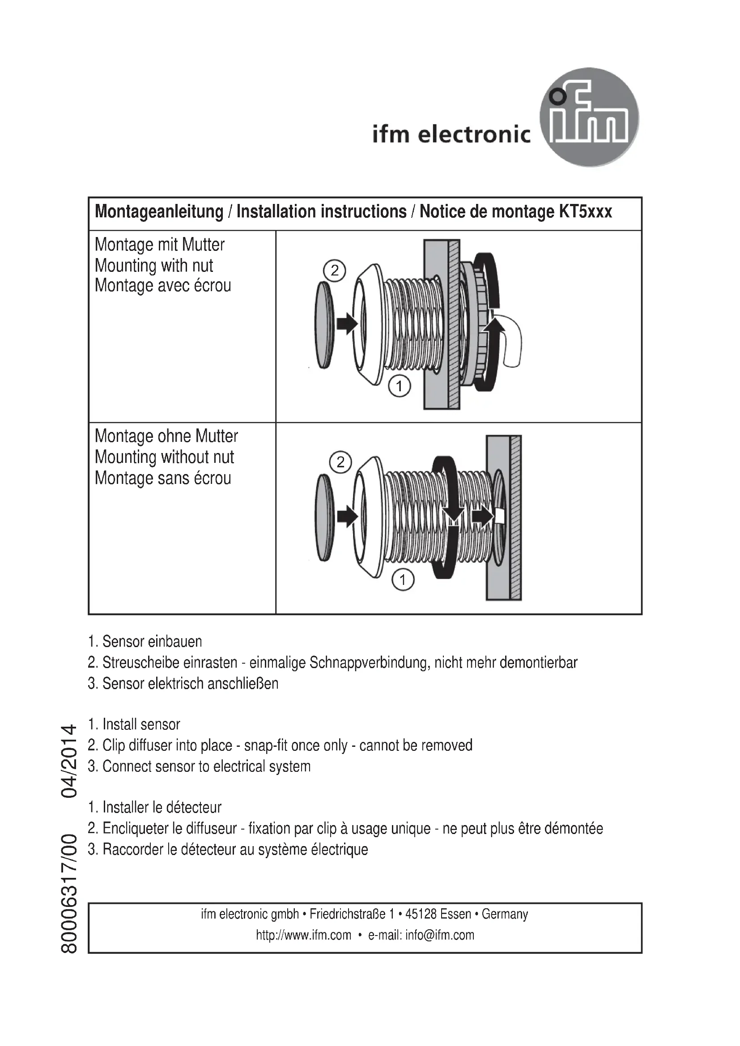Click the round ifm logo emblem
point(589,118)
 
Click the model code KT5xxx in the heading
point(585,212)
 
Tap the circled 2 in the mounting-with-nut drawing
point(335,271)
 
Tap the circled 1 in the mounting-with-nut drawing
point(399,386)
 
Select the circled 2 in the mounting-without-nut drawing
point(340,462)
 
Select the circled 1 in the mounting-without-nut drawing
point(403,580)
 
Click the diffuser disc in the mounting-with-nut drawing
point(324,325)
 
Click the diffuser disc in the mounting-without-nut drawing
point(324,517)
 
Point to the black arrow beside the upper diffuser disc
point(347,323)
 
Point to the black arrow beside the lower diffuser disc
point(348,517)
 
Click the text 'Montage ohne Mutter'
point(166,436)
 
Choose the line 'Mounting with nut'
point(154,266)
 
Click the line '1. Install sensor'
point(134,724)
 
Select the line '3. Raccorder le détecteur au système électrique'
point(228,849)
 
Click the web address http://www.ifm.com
point(303,935)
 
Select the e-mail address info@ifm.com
point(440,935)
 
